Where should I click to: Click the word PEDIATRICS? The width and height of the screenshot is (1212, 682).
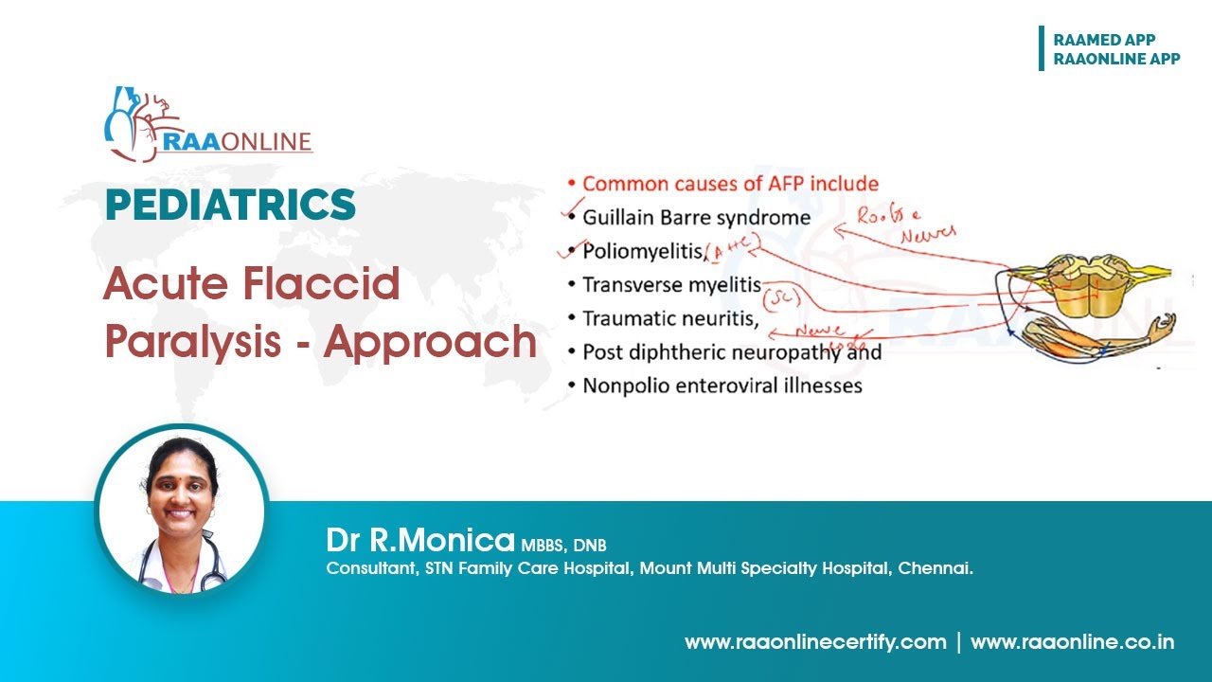point(230,206)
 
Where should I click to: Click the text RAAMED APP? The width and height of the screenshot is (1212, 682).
point(1104,40)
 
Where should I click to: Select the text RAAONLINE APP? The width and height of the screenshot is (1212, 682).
point(1116,59)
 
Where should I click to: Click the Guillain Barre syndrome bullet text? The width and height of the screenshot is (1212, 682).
point(696,218)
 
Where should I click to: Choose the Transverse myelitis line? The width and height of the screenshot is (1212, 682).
point(671,285)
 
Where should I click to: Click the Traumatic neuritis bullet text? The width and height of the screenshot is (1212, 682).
point(670,319)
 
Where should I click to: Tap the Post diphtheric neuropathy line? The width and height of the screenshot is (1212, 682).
point(731,352)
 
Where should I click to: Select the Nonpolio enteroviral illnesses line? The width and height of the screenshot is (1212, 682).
point(722,386)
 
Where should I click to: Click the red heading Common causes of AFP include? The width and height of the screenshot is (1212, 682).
point(730,184)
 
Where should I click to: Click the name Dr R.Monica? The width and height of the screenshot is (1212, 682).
point(421,540)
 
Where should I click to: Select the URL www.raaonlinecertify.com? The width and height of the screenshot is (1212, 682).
point(815,642)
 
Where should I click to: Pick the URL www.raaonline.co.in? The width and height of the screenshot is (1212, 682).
point(1072,642)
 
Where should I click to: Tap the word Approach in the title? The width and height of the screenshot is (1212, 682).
point(430,341)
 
